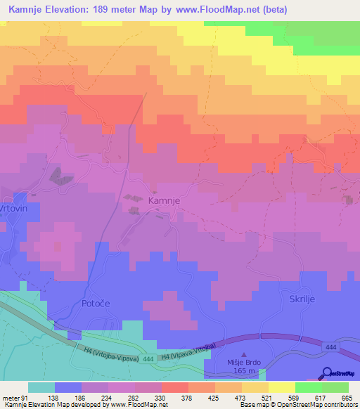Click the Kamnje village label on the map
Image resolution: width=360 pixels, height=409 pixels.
166,200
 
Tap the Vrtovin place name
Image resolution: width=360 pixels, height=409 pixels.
13,209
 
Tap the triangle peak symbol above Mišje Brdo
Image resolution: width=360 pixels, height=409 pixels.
244,356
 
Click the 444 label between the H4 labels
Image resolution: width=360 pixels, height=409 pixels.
146,359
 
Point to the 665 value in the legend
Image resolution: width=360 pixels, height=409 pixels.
346,398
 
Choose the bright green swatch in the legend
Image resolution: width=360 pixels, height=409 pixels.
308,387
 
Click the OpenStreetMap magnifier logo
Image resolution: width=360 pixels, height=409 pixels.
327,375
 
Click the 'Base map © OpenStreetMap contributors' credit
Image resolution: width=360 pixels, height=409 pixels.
298,405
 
